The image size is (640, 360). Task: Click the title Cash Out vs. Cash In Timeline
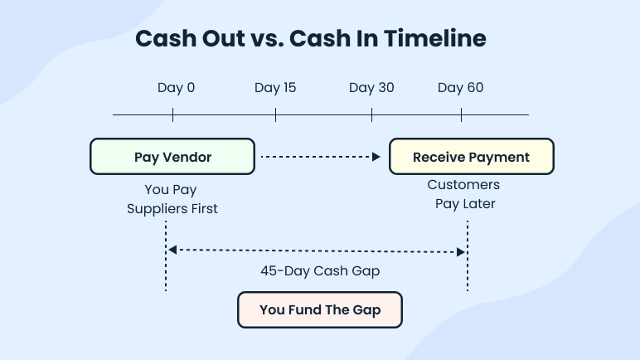[311, 39]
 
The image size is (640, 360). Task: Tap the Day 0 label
[176, 88]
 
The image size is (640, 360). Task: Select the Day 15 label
[275, 88]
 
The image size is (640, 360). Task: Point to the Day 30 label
[371, 88]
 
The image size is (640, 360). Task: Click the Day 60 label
[460, 88]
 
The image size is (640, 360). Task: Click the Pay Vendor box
[172, 157]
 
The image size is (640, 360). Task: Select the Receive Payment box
[471, 157]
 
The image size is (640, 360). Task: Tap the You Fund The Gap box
[320, 310]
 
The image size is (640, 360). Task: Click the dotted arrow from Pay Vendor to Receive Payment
[319, 156]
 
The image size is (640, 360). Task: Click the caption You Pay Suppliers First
[172, 199]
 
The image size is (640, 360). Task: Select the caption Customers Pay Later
[464, 194]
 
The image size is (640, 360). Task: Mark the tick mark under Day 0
[172, 114]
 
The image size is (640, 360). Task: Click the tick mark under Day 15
[275, 114]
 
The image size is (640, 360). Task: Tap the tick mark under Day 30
[372, 114]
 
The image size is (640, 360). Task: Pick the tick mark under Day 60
[461, 114]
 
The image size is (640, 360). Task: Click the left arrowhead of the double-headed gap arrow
[171, 250]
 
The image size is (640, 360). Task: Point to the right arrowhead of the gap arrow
[463, 250]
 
